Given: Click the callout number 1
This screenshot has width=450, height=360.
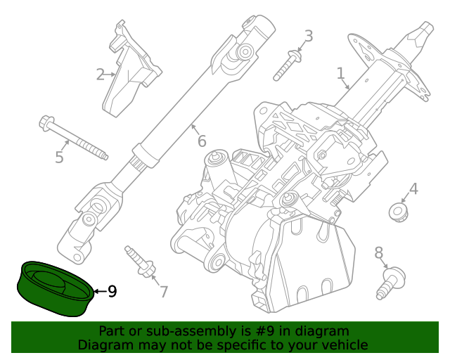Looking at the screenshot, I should pyautogui.click(x=340, y=73).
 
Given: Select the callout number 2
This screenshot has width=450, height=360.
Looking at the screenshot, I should pyautogui.click(x=101, y=73).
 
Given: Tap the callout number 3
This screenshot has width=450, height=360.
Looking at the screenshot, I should pyautogui.click(x=308, y=36).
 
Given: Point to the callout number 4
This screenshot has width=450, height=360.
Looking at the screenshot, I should pyautogui.click(x=413, y=188).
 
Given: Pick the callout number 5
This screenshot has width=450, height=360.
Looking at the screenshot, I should pyautogui.click(x=59, y=157).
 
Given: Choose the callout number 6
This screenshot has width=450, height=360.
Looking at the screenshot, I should pyautogui.click(x=202, y=141).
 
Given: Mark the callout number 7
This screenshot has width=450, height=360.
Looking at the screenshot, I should pyautogui.click(x=164, y=291).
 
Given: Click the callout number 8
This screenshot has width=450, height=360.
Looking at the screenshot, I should pyautogui.click(x=379, y=252).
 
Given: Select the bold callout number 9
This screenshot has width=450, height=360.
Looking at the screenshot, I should pyautogui.click(x=112, y=291).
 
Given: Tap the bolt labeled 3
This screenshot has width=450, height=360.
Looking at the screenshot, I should pyautogui.click(x=289, y=63).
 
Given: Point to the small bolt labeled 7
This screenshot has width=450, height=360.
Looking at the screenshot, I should pyautogui.click(x=141, y=262).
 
